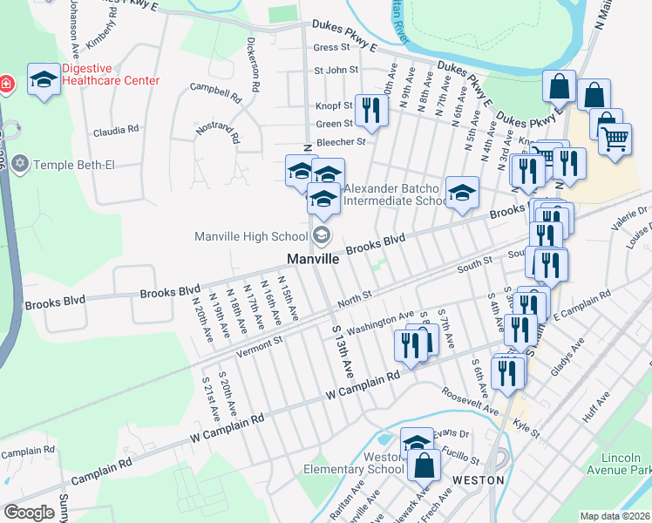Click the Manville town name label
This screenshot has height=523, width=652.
click(314, 260)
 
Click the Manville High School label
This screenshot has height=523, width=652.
click(251, 235)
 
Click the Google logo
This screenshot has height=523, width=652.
click(28, 512)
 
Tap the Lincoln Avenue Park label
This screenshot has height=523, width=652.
click(626, 464)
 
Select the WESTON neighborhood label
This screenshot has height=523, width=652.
click(479, 479)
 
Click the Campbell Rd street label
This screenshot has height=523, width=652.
click(215, 91)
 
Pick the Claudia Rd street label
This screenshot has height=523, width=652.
click(116, 129)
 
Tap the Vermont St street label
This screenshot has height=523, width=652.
click(259, 343)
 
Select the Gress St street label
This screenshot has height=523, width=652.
click(331, 47)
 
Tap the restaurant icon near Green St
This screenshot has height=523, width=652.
click(372, 110)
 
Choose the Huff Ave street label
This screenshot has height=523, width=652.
click(598, 407)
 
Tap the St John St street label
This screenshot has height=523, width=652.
click(336, 70)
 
